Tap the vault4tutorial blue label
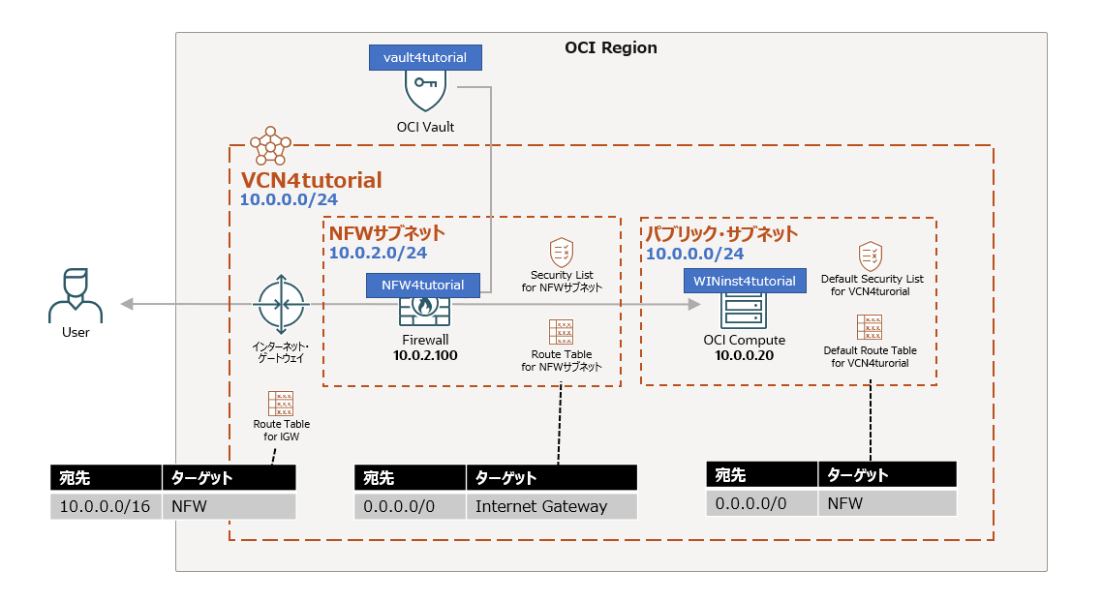pos(425,57)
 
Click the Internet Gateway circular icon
pos(281,304)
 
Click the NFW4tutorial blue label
pos(423,286)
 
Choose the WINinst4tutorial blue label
pos(745,281)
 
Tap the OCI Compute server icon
pos(744,310)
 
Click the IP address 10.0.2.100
pos(424,356)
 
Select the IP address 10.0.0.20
pos(744,356)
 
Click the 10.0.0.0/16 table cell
pos(105,506)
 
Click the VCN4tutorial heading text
pos(311,180)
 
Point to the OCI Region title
pos(610,47)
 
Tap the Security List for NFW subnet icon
pos(561,253)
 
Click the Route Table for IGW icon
pos(281,404)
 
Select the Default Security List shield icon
pos(870,256)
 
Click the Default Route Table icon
pos(870,327)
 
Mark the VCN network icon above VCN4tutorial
pos(270,146)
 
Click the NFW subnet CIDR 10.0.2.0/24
pos(378,254)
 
